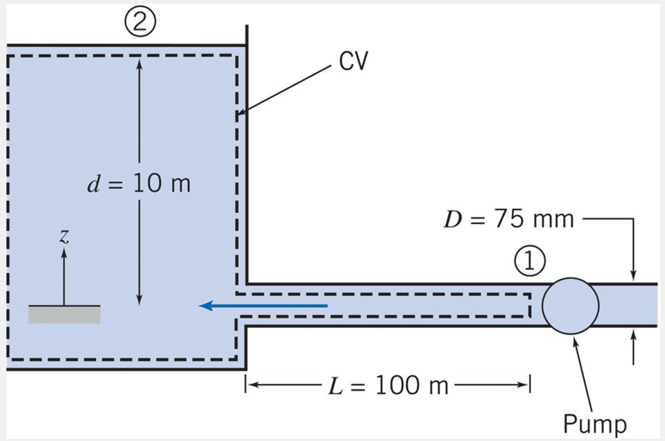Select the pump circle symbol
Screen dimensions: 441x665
point(570,306)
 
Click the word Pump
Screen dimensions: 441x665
point(594,424)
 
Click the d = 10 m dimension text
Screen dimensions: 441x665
point(139,185)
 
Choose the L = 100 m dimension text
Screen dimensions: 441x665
point(390,386)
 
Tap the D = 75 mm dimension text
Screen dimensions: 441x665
point(509,220)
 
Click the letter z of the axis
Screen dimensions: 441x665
point(63,236)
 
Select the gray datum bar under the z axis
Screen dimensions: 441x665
point(64,314)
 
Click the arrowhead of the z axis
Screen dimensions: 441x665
point(63,252)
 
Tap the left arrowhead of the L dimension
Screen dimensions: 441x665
point(250,386)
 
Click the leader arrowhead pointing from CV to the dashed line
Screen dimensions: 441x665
point(239,116)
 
